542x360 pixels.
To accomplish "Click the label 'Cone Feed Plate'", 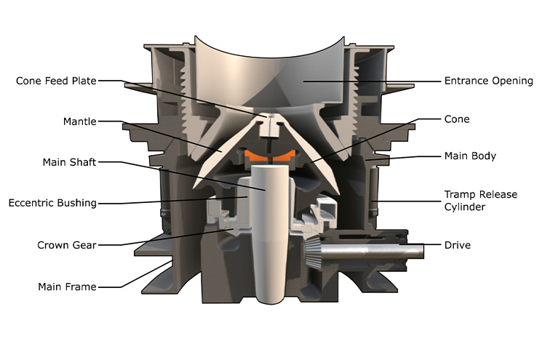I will tap(56, 81).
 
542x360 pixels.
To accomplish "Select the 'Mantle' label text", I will tap(79, 121).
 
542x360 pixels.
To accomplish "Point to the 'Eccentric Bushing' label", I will tap(52, 203).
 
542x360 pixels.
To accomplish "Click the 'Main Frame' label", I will tap(67, 287).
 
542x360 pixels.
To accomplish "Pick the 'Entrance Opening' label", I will tap(488, 81).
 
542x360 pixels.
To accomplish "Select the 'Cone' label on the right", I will tap(456, 119).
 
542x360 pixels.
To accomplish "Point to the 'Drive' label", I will tap(457, 245).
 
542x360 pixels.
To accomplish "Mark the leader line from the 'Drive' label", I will tap(434, 246).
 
